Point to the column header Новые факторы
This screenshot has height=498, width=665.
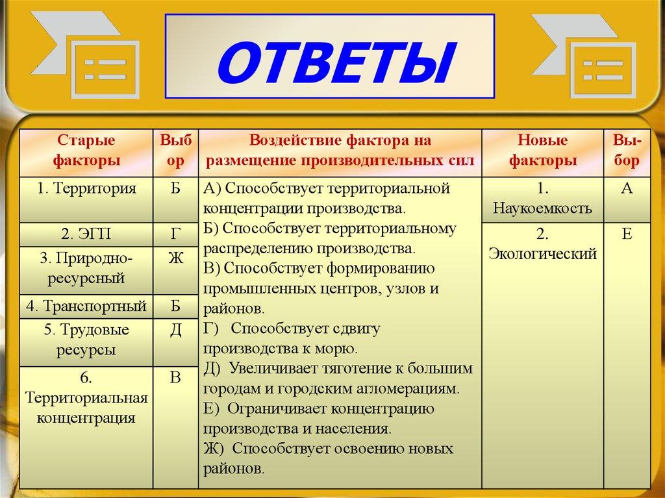542,151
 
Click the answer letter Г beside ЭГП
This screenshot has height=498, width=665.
175,234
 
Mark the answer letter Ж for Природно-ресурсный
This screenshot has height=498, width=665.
175,258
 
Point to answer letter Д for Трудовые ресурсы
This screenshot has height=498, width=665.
175,330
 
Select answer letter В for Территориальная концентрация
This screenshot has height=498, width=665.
175,378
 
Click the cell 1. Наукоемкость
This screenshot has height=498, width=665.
542,199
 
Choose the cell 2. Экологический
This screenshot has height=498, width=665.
542,244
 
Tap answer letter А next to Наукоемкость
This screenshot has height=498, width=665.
627,189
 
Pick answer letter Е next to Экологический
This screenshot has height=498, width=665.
627,234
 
